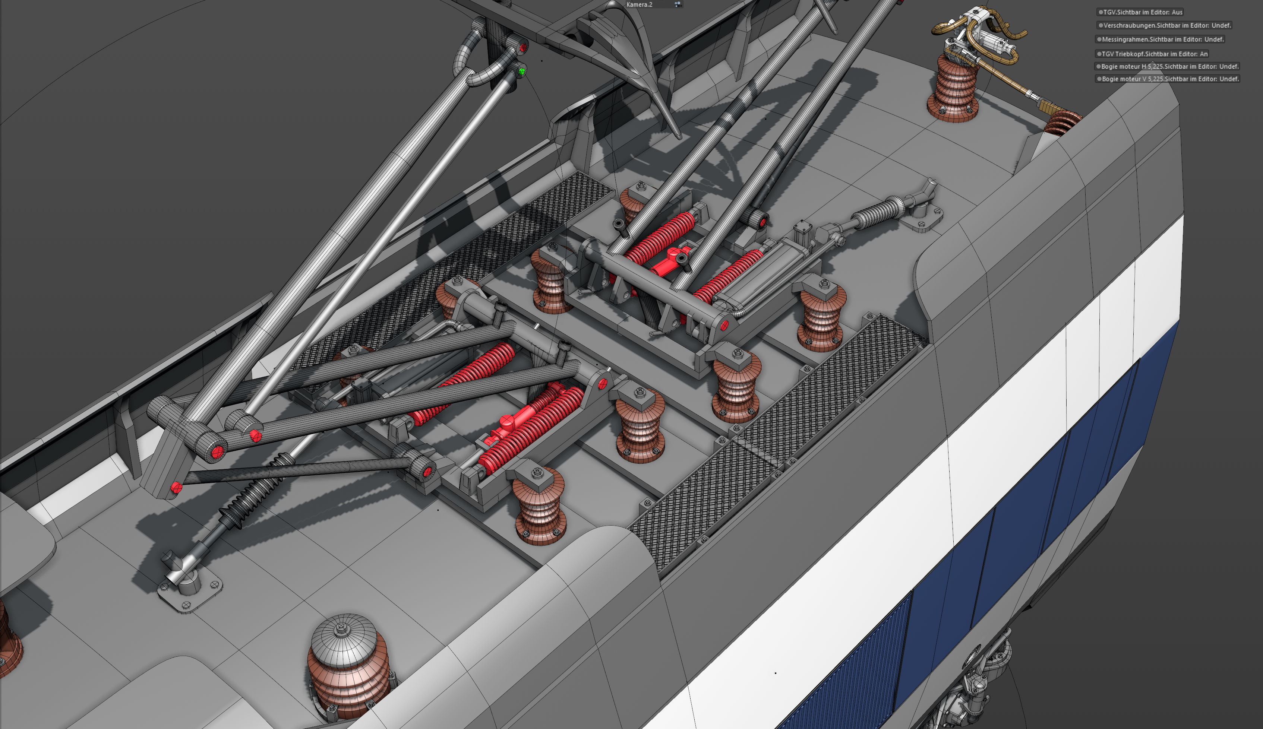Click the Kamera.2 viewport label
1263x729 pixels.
(639, 4)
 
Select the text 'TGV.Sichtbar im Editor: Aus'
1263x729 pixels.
(1142, 12)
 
